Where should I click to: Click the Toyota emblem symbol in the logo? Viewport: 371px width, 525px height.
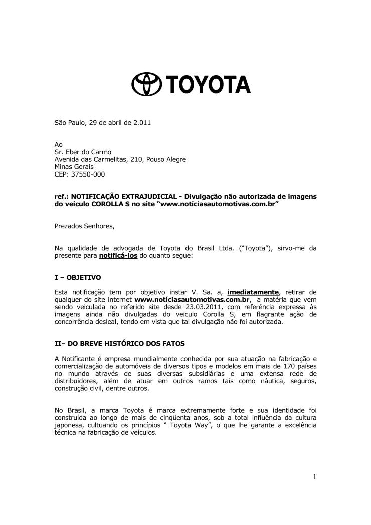click(x=145, y=85)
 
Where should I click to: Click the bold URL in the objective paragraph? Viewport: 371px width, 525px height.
click(x=193, y=300)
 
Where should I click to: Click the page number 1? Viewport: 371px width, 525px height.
click(x=314, y=477)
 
